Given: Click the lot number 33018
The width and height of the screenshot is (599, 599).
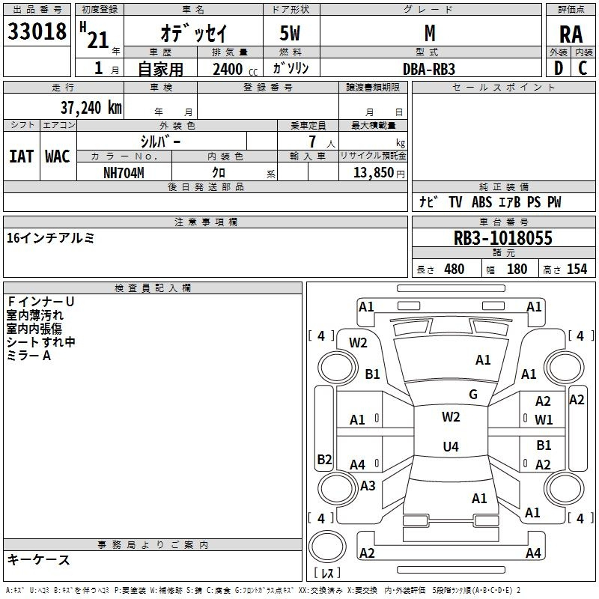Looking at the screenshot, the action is click(37, 31).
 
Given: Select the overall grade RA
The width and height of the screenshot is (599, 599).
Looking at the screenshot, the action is click(571, 34).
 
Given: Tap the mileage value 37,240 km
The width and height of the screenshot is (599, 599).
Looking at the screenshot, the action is click(91, 108).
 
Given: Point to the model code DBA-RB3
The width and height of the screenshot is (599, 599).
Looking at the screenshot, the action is click(429, 69).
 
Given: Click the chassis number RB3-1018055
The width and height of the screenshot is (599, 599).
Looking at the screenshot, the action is click(502, 238).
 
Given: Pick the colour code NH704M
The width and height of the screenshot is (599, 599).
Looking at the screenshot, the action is click(124, 173).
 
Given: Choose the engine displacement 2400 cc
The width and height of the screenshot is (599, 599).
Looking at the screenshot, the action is click(235, 69).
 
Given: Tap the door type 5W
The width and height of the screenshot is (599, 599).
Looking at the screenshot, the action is click(290, 33).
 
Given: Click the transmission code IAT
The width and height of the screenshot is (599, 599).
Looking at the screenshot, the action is click(22, 156).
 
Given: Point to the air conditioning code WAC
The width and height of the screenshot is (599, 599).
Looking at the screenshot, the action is click(58, 156).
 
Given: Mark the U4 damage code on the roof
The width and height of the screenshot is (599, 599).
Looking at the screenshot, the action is click(451, 446).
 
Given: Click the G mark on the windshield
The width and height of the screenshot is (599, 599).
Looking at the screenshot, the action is click(473, 395).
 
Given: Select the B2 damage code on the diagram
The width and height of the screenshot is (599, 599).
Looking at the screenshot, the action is click(324, 459).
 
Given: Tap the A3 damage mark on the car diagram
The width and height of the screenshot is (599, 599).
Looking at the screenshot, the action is click(368, 486).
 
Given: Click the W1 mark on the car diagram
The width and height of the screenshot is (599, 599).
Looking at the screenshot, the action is click(544, 420).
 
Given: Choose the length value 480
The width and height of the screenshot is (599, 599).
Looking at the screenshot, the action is click(454, 270).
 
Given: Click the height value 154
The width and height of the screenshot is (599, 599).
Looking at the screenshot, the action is click(577, 270).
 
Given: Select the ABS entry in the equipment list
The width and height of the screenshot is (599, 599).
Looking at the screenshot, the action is click(481, 202).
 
